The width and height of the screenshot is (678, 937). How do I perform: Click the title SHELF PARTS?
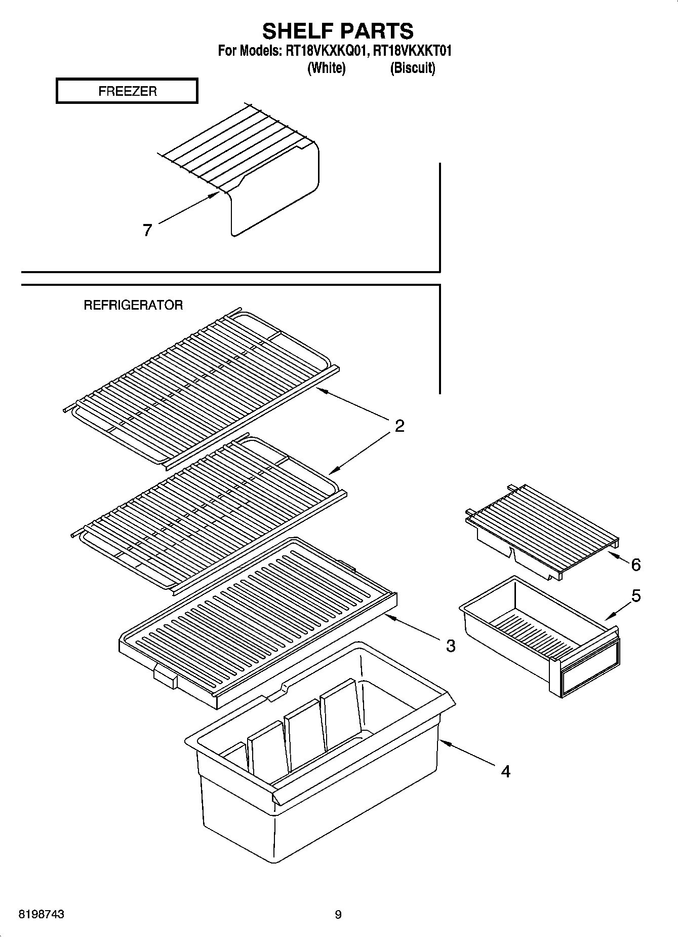[338, 31]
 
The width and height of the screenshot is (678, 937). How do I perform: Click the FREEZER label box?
[127, 91]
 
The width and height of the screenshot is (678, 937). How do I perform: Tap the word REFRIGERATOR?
[133, 305]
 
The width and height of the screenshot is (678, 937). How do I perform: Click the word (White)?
[327, 68]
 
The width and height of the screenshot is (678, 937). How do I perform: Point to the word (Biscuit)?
[412, 68]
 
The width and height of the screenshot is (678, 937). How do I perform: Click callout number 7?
[147, 231]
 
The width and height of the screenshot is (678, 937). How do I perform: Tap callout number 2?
[400, 426]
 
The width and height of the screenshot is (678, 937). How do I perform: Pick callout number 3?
[450, 646]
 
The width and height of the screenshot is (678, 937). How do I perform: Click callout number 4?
[505, 771]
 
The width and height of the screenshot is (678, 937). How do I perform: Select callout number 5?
[636, 596]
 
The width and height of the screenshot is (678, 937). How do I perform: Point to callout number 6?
[636, 565]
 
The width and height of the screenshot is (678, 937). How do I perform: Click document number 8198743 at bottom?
[42, 915]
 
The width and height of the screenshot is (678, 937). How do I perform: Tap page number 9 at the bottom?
[338, 915]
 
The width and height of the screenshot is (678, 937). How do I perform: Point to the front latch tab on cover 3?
[166, 677]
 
